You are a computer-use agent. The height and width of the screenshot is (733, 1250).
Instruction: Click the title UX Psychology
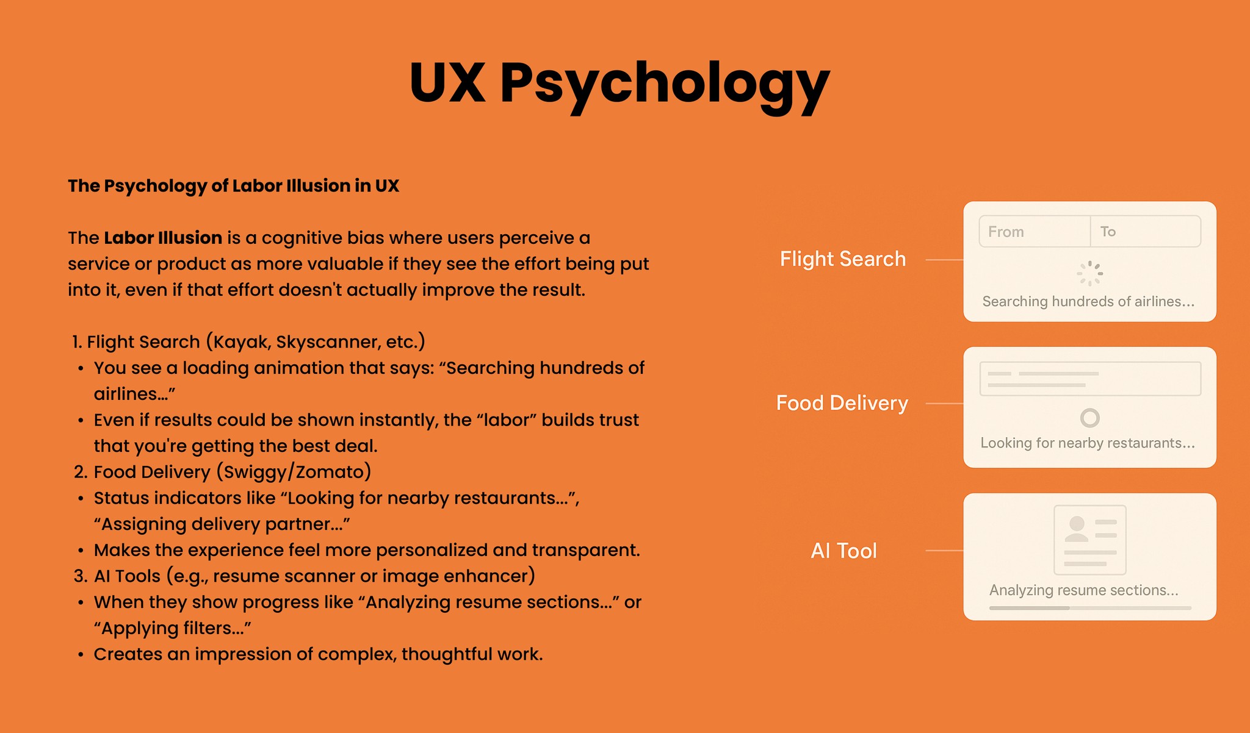tap(619, 84)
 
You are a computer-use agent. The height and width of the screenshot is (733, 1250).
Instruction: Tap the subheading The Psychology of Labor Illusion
tap(233, 186)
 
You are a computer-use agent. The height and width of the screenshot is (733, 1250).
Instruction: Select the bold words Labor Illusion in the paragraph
tap(163, 238)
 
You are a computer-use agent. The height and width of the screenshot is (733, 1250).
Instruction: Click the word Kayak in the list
tap(240, 342)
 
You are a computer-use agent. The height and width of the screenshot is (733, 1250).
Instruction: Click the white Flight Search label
tap(842, 259)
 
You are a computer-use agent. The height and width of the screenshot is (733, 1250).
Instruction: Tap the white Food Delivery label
tap(842, 403)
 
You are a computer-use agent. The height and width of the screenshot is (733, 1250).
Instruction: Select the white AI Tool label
tap(844, 551)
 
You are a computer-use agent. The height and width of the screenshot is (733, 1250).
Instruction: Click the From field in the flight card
tap(1034, 232)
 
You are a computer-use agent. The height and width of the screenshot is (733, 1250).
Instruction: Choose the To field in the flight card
tap(1145, 232)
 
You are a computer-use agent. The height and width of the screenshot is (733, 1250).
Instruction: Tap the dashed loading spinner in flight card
tap(1089, 274)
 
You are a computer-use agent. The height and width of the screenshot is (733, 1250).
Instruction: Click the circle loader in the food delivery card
tap(1089, 418)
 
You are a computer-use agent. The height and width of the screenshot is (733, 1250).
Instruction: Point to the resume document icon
tap(1089, 539)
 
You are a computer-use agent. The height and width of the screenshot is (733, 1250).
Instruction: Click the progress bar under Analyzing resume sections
tap(1089, 608)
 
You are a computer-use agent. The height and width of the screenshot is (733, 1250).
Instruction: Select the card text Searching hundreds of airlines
tap(1088, 302)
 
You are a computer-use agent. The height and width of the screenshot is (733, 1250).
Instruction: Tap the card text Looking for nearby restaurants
tap(1088, 443)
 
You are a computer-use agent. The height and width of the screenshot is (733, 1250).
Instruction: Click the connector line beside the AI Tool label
tap(944, 551)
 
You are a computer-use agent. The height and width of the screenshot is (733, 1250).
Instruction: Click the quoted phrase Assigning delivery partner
tap(222, 524)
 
